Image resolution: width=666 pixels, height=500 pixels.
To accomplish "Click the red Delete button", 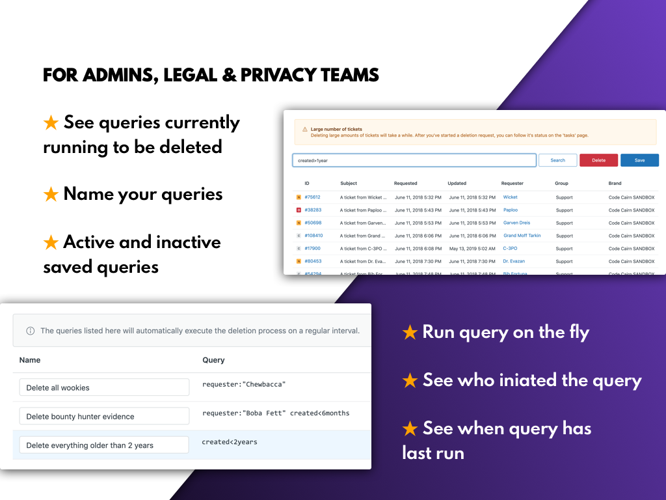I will click(598, 160).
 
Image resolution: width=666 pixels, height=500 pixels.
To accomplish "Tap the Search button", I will click(558, 160).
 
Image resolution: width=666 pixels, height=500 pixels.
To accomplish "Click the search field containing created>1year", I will click(414, 160).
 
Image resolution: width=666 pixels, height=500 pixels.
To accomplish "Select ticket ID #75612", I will click(312, 197).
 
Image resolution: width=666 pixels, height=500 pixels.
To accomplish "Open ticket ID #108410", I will click(313, 236).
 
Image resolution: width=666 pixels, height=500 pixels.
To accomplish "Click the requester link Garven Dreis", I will click(516, 223).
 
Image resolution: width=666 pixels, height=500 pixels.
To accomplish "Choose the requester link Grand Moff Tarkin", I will click(522, 236).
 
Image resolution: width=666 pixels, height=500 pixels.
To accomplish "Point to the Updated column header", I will click(457, 184).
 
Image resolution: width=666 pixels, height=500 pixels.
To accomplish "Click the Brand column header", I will click(615, 184).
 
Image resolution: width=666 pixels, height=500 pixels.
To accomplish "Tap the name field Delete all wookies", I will click(104, 387).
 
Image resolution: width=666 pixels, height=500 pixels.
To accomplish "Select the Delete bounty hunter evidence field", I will click(104, 417).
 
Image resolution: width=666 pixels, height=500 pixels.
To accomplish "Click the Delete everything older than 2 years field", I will click(104, 445).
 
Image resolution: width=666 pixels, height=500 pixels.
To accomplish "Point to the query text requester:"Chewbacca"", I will click(244, 384).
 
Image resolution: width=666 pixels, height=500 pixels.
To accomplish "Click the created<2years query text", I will click(230, 442).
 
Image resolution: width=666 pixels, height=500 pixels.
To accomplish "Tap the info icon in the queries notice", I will click(30, 331).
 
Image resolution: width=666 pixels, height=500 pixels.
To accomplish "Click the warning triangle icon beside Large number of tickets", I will click(305, 130).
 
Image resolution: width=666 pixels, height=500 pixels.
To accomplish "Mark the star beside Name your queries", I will click(51, 195).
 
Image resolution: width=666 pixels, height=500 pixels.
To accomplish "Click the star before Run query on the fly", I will click(410, 333).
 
